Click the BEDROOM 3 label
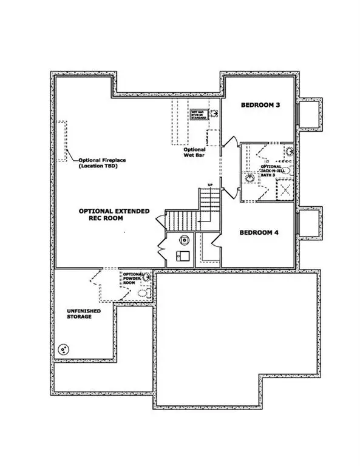coord(260,105)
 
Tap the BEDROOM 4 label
coord(259,232)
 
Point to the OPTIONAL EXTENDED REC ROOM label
coord(114,214)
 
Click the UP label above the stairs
coord(210,184)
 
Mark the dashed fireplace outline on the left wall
coord(62,141)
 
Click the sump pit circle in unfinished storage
coord(63,350)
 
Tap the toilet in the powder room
coord(144,293)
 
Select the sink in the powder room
coord(147,277)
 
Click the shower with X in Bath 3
coord(285,190)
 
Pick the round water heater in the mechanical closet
coord(183,239)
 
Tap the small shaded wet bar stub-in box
coord(199,115)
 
